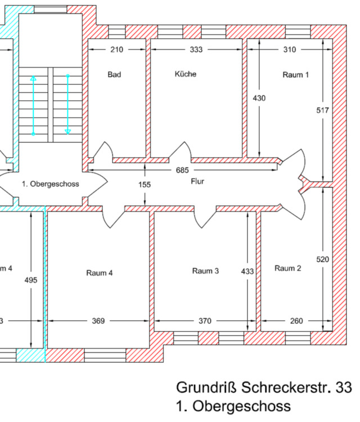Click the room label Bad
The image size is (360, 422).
pyautogui.click(x=115, y=74)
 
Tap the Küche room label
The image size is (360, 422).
pyautogui.click(x=186, y=74)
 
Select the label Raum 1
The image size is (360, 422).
pyautogui.click(x=295, y=74)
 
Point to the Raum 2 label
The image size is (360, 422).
pyautogui.click(x=288, y=268)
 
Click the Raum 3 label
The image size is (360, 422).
pyautogui.click(x=205, y=271)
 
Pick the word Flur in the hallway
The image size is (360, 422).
pyautogui.click(x=197, y=181)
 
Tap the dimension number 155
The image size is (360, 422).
pyautogui.click(x=145, y=184)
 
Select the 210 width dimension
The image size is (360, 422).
pyautogui.click(x=116, y=50)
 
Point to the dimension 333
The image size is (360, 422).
pyautogui.click(x=196, y=50)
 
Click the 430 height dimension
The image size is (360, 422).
pyautogui.click(x=259, y=98)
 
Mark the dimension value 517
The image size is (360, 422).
pyautogui.click(x=322, y=110)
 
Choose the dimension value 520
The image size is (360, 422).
pyautogui.click(x=322, y=259)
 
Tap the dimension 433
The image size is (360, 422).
pyautogui.click(x=247, y=271)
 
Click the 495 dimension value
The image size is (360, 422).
pyautogui.click(x=32, y=280)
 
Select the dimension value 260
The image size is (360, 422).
pyautogui.click(x=296, y=321)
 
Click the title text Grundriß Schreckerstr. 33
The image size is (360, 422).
pyautogui.click(x=264, y=388)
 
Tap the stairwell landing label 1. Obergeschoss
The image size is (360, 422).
pyautogui.click(x=51, y=184)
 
